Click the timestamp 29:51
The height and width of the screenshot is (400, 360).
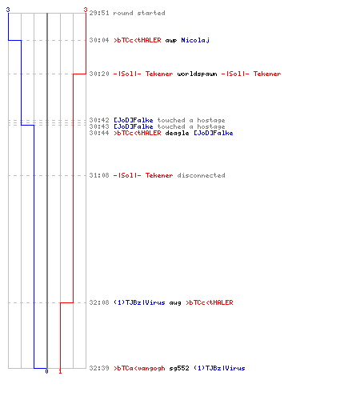click(99, 13)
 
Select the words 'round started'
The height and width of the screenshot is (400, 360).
click(139, 13)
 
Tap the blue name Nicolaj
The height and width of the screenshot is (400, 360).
click(195, 40)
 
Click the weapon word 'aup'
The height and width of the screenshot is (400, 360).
click(171, 41)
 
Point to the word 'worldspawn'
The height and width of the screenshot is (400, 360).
click(197, 74)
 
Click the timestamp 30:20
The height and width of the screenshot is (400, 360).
click(99, 74)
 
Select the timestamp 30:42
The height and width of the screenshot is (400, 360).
click(99, 120)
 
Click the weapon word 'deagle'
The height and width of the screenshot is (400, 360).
click(177, 134)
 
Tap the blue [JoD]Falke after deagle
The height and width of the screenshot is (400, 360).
click(214, 133)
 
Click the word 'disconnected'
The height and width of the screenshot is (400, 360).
click(201, 175)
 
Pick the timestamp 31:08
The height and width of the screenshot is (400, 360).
click(99, 175)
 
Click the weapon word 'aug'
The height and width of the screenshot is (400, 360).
click(175, 303)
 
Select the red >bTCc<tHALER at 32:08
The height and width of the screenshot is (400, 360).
click(210, 302)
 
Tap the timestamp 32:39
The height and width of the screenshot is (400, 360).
click(99, 368)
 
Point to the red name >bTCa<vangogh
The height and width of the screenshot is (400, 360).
click(139, 369)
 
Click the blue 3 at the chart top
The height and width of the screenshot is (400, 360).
click(8, 10)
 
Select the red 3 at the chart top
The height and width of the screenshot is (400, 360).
click(86, 10)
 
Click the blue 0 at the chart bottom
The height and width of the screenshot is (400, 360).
click(46, 371)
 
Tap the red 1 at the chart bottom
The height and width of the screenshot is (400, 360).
click(60, 371)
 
